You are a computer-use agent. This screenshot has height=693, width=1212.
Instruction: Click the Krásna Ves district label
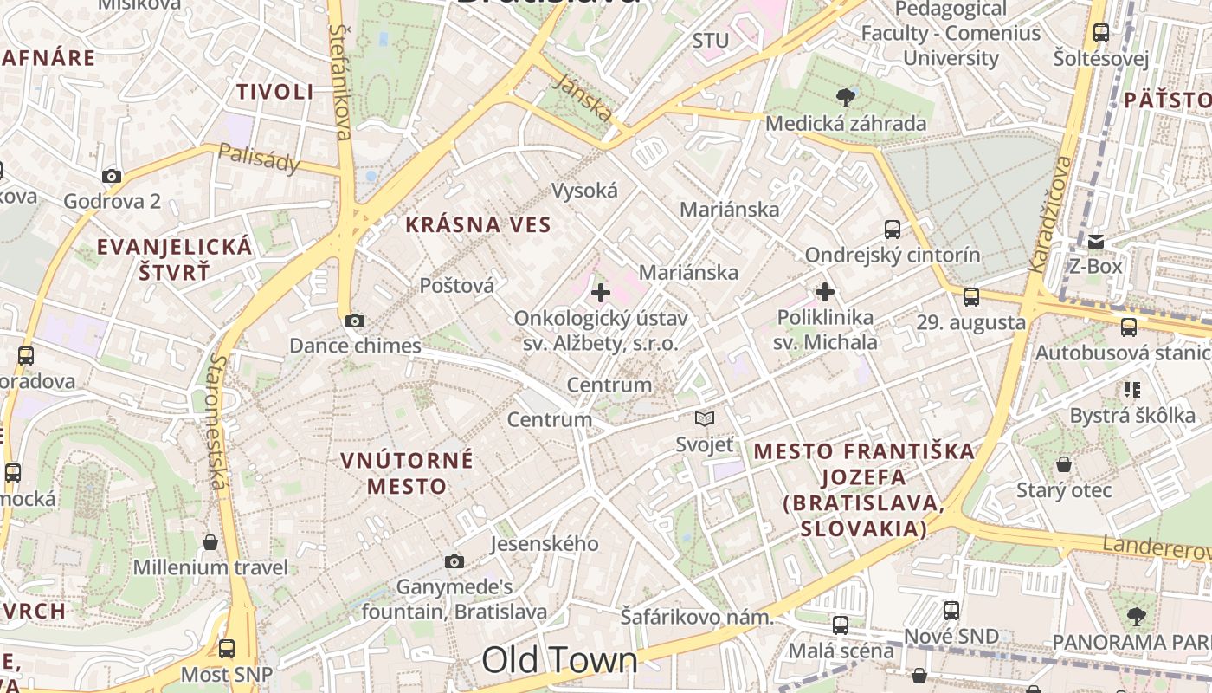point(478,225)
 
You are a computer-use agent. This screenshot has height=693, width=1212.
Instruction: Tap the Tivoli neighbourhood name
point(275,92)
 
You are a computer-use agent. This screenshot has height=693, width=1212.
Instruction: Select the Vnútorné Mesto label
point(407,472)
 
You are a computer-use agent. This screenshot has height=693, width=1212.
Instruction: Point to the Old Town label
point(559,661)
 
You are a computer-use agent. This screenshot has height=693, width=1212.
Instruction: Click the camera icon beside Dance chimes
point(354,321)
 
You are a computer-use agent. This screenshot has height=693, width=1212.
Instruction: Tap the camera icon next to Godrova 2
point(112,177)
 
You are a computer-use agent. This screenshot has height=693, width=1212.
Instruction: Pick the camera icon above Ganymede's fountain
point(455,562)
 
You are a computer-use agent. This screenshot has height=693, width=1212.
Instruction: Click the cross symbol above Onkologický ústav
point(600,293)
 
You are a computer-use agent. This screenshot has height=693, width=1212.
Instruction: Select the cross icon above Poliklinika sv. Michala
point(825,292)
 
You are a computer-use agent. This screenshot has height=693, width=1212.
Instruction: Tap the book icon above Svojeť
point(705,419)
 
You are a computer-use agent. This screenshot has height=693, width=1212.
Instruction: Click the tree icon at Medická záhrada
point(846,97)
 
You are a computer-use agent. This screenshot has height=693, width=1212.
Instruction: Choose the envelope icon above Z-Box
point(1096,241)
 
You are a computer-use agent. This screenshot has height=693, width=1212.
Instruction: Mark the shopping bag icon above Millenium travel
point(210,543)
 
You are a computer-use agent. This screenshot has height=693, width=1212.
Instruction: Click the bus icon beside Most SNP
point(227,648)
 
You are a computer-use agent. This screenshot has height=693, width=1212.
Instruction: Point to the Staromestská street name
point(218,421)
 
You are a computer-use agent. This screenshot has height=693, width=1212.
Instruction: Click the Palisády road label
point(259,158)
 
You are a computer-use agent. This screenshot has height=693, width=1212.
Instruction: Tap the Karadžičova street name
point(1049,214)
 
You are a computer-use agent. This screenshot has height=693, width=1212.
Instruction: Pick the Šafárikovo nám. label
point(696,618)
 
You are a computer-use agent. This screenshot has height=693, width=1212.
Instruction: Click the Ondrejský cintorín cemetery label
point(893,256)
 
